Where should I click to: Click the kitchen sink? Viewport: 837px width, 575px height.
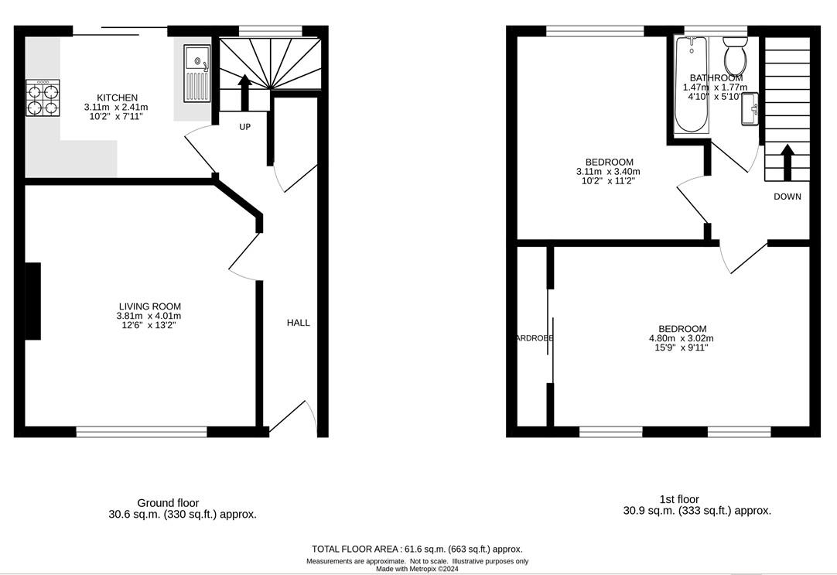[x=196, y=74]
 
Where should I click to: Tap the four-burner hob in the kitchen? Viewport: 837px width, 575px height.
[x=43, y=98]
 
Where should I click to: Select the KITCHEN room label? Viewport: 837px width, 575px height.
[x=117, y=98]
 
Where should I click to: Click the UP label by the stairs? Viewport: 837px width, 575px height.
[x=244, y=127]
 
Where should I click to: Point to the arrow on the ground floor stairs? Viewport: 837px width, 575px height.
[x=244, y=89]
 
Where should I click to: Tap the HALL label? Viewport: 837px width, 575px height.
[x=298, y=323]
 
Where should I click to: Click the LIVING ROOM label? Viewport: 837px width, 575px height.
[x=149, y=306]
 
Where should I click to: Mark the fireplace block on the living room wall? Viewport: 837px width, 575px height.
[x=33, y=301]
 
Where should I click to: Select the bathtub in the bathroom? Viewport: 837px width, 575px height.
[x=691, y=85]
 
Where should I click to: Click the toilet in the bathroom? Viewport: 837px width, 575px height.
[x=735, y=57]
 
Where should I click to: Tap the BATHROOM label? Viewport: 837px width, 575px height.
[x=716, y=78]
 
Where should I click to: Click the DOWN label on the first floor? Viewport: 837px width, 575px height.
[x=787, y=197]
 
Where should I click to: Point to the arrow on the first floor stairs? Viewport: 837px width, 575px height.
[x=787, y=160]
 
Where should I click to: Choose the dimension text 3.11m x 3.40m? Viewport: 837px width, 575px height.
[x=608, y=172]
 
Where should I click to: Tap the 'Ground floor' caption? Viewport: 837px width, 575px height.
[x=168, y=503]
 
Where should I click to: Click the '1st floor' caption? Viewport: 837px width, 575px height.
[x=679, y=499]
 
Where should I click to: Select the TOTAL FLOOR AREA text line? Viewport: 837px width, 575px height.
[x=417, y=549]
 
